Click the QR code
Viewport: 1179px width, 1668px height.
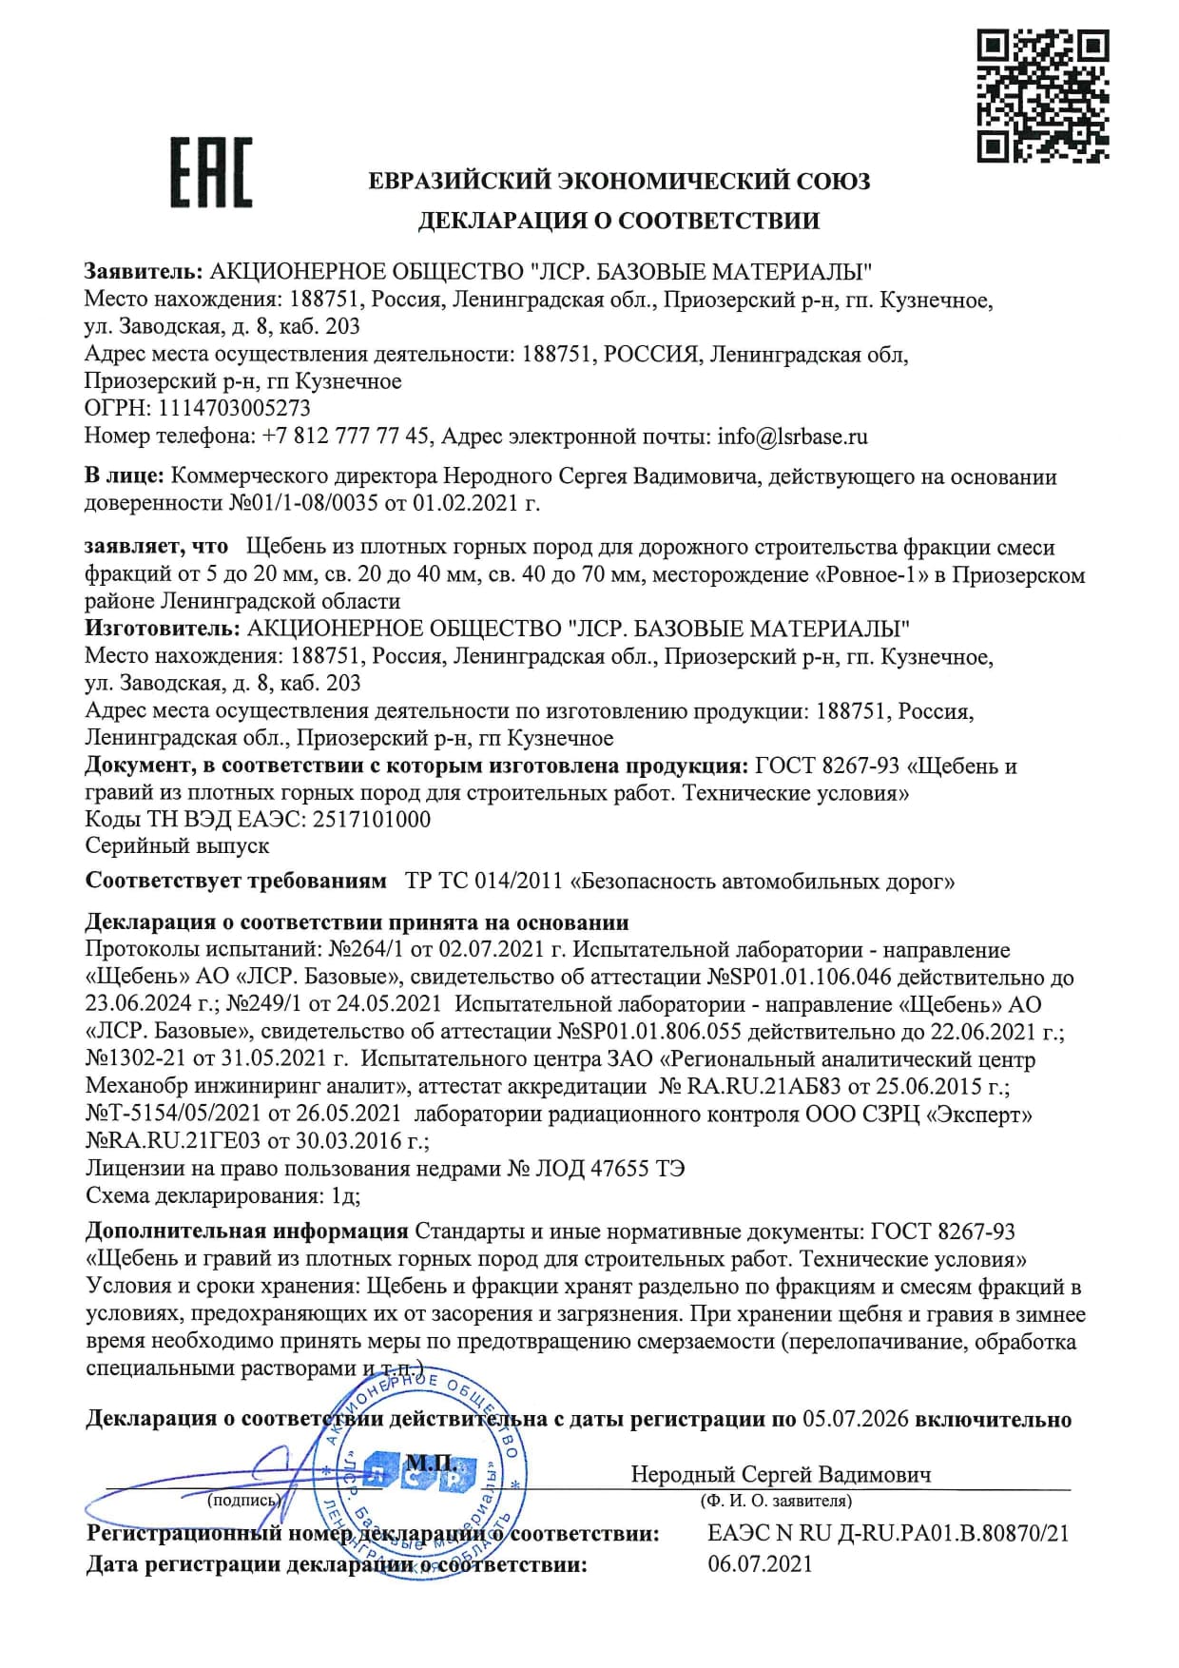pos(1043,95)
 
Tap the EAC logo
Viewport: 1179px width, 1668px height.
pos(211,172)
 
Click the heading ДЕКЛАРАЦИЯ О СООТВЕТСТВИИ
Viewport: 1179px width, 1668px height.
pos(619,221)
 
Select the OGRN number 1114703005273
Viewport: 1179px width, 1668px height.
pos(234,408)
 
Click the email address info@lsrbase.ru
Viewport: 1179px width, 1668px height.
pos(792,436)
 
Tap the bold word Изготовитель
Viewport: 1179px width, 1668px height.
pos(162,629)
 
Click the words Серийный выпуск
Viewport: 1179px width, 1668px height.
pos(177,845)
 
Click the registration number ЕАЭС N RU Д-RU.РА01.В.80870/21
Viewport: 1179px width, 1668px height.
pos(888,1533)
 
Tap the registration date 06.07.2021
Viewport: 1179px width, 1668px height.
pos(760,1563)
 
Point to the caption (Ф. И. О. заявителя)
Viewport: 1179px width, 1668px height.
pos(775,1501)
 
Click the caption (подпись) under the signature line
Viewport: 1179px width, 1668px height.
pos(244,1500)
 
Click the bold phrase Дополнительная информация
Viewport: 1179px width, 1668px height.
pos(246,1231)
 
